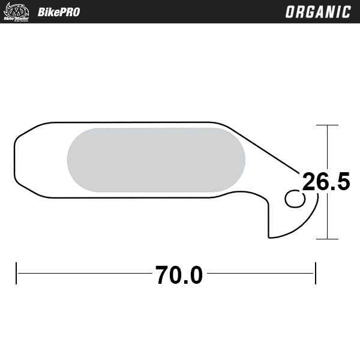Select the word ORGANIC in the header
coord(317,12)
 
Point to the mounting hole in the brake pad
coord(295,198)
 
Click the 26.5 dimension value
coord(326,181)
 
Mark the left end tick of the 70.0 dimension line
coord(17,274)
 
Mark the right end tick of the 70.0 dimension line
coord(316,274)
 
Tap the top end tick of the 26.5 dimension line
coord(327,125)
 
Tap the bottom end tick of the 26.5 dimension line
coord(327,239)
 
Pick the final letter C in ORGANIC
coord(346,12)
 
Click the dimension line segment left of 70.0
coord(84,274)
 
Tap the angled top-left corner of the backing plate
coord(21,133)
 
